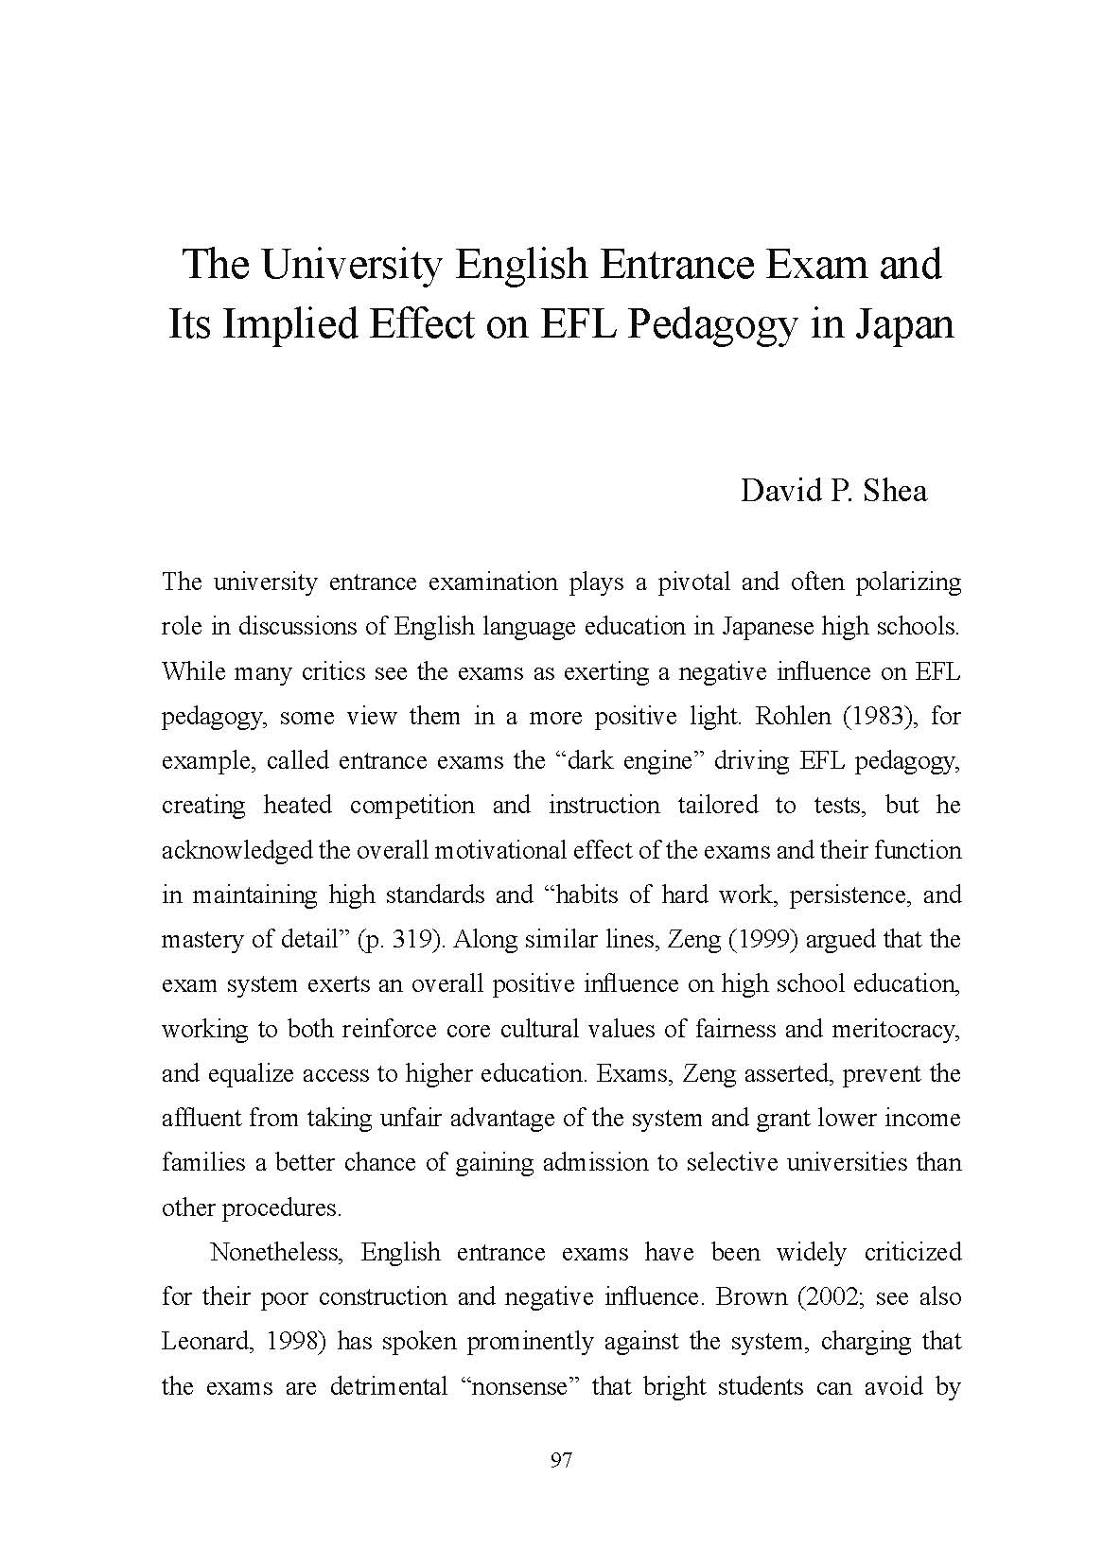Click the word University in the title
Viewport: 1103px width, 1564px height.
(350, 265)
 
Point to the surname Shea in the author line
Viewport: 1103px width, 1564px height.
(895, 492)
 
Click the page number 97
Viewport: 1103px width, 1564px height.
(561, 1461)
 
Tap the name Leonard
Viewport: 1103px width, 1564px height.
(204, 1342)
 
